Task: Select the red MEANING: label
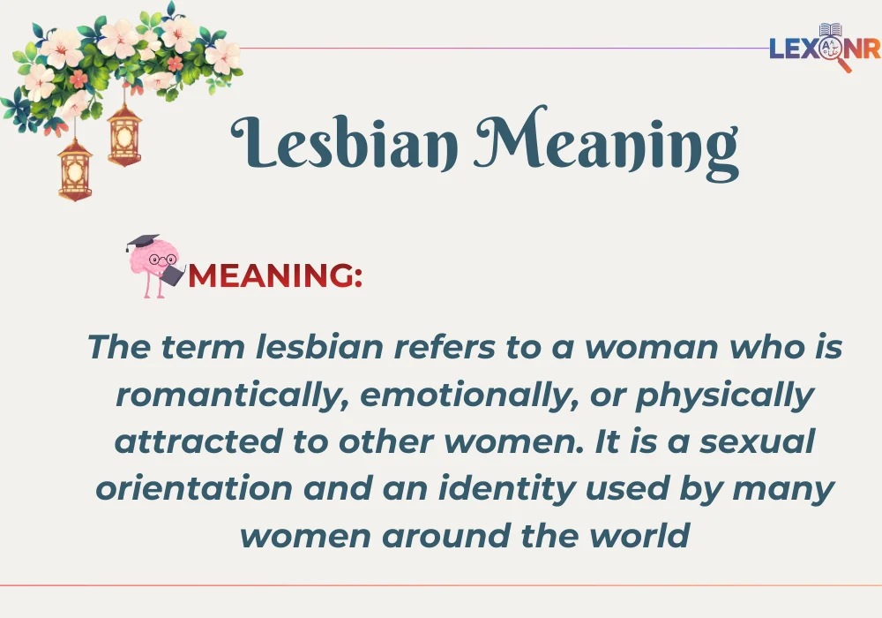point(275,275)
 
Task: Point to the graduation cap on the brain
point(142,242)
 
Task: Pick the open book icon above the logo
point(831,30)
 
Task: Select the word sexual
point(759,441)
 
